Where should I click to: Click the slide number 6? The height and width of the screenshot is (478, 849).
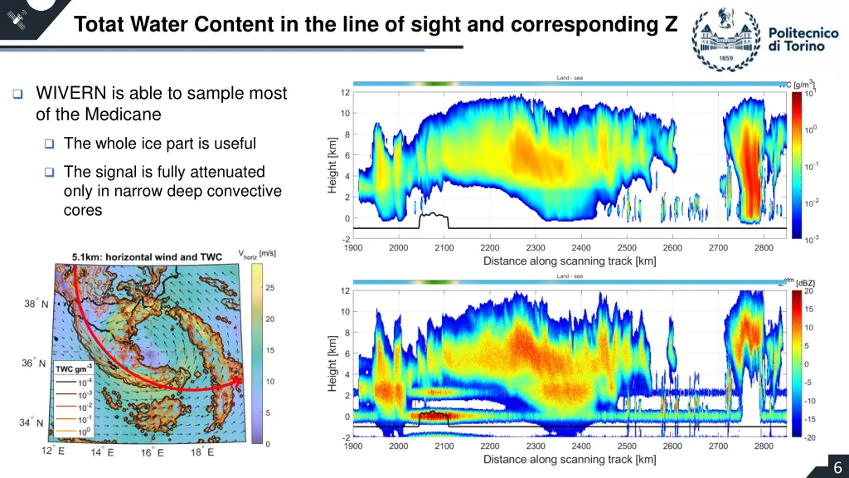[837, 467]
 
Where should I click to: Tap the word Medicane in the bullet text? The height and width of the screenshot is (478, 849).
[129, 115]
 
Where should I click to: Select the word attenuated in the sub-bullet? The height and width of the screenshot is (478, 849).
[218, 172]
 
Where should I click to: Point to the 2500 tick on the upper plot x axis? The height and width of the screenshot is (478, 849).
[626, 247]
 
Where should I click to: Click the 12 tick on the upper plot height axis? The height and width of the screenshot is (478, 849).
[344, 93]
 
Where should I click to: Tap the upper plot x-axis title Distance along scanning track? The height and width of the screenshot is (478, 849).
[570, 261]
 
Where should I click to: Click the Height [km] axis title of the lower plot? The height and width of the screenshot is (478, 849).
[332, 363]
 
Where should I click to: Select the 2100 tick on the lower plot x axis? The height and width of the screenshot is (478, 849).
[444, 446]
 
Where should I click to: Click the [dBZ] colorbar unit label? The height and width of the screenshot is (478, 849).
[805, 283]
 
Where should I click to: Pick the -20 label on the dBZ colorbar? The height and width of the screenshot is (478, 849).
[810, 437]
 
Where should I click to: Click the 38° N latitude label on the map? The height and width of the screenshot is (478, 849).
[36, 304]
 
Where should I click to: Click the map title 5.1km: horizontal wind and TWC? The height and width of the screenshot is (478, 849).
[146, 257]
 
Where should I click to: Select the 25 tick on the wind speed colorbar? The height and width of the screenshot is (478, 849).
[269, 287]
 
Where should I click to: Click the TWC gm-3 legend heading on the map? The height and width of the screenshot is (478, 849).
[73, 368]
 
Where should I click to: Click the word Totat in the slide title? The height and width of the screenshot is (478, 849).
[99, 25]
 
